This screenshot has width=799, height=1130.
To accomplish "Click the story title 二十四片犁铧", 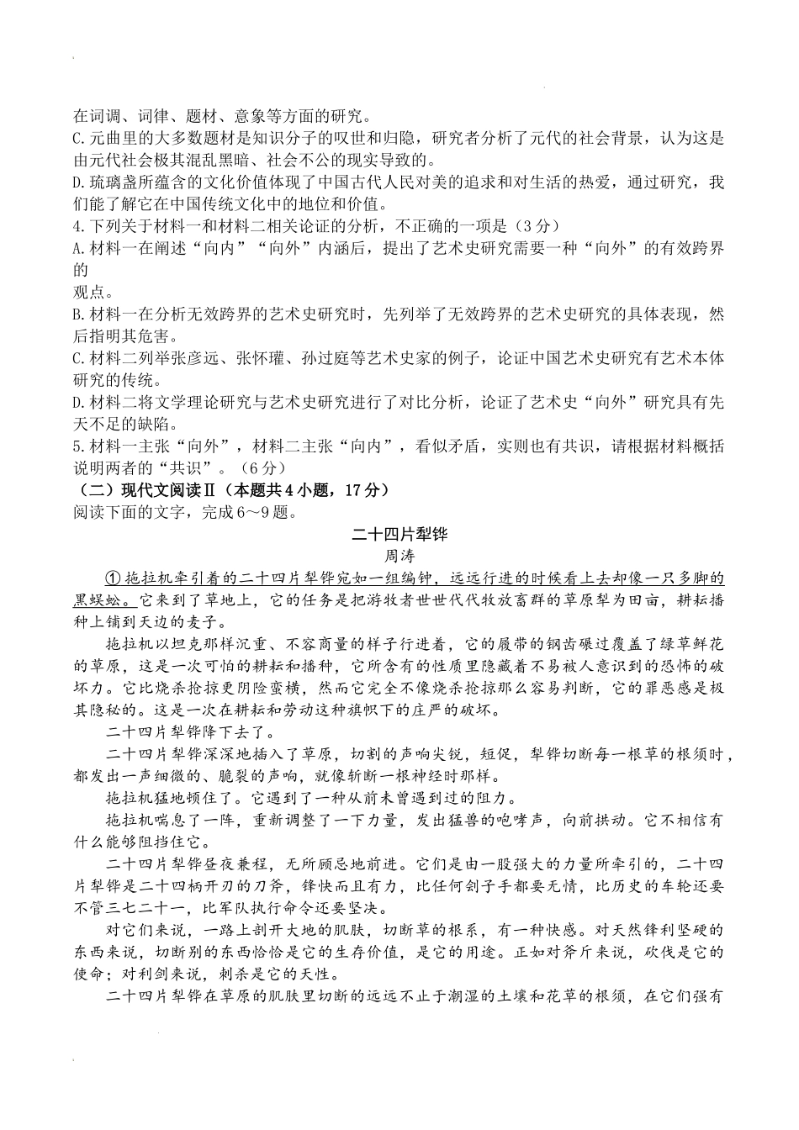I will point(399,533).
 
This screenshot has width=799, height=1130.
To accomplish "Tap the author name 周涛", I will point(399,556).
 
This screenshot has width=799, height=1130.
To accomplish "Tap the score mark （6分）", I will point(262,467).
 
